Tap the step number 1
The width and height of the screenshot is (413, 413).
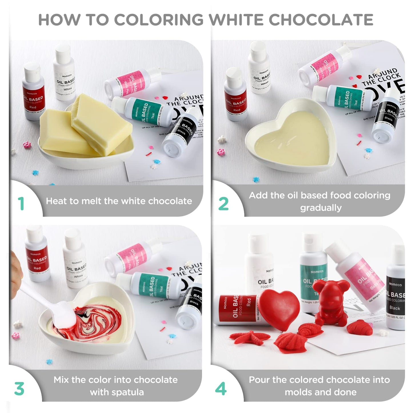point(21,203)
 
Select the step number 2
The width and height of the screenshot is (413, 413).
point(223,204)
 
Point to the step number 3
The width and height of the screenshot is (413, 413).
point(19,389)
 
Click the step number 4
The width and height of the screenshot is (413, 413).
point(221,389)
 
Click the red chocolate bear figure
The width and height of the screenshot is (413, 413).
point(332,303)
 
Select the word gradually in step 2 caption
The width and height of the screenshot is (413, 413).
point(321,208)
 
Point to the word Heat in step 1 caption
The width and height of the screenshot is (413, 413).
point(56,201)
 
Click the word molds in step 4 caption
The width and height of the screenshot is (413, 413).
point(299,392)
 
